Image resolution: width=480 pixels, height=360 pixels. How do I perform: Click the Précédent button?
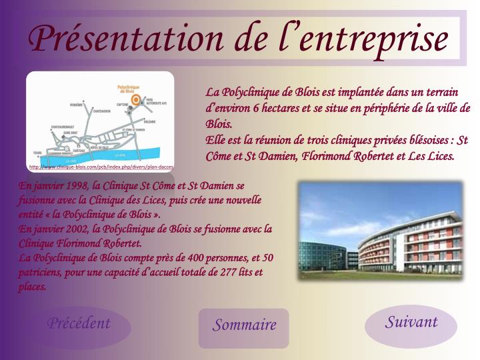click(x=78, y=324)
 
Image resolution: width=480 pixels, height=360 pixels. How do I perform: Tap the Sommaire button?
click(x=244, y=325)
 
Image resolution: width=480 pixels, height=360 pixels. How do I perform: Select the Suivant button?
click(x=411, y=323)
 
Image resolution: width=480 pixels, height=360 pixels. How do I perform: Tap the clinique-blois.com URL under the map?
click(x=101, y=166)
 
